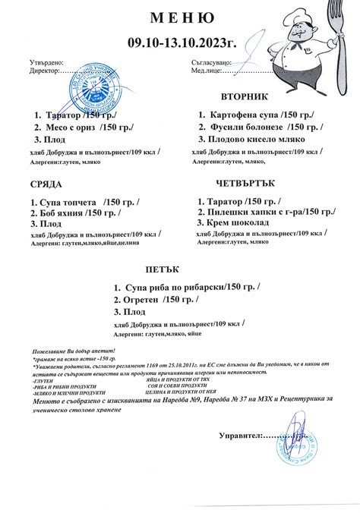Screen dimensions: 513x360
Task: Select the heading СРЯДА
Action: [x=45, y=185]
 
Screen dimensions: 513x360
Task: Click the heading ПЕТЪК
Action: [x=158, y=269]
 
